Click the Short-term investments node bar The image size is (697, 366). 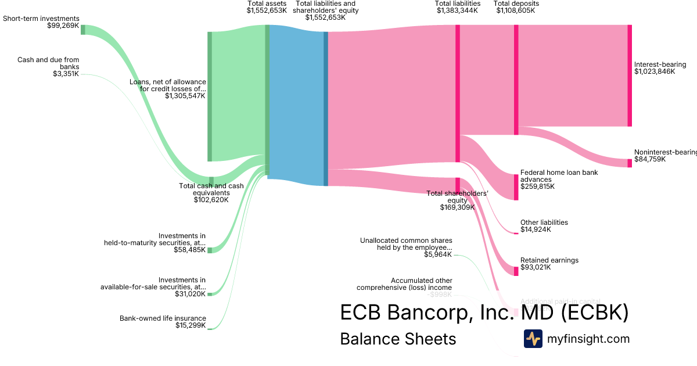click(x=82, y=30)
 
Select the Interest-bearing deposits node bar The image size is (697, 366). click(x=629, y=76)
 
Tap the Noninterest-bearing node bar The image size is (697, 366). click(x=629, y=163)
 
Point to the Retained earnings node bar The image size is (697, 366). click(x=515, y=271)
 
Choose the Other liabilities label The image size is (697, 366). click(x=544, y=223)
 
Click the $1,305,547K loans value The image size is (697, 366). click(x=185, y=96)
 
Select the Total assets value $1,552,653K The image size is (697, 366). click(x=267, y=10)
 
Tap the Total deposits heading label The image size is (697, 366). click(x=516, y=3)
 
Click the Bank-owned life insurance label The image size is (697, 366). click(x=163, y=318)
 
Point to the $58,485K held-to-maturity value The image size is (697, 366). click(x=189, y=250)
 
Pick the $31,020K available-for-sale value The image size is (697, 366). click(x=189, y=294)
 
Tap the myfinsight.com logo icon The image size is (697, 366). click(x=533, y=339)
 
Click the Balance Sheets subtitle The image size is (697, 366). click(x=398, y=339)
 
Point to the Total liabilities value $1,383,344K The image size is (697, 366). click(x=458, y=10)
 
